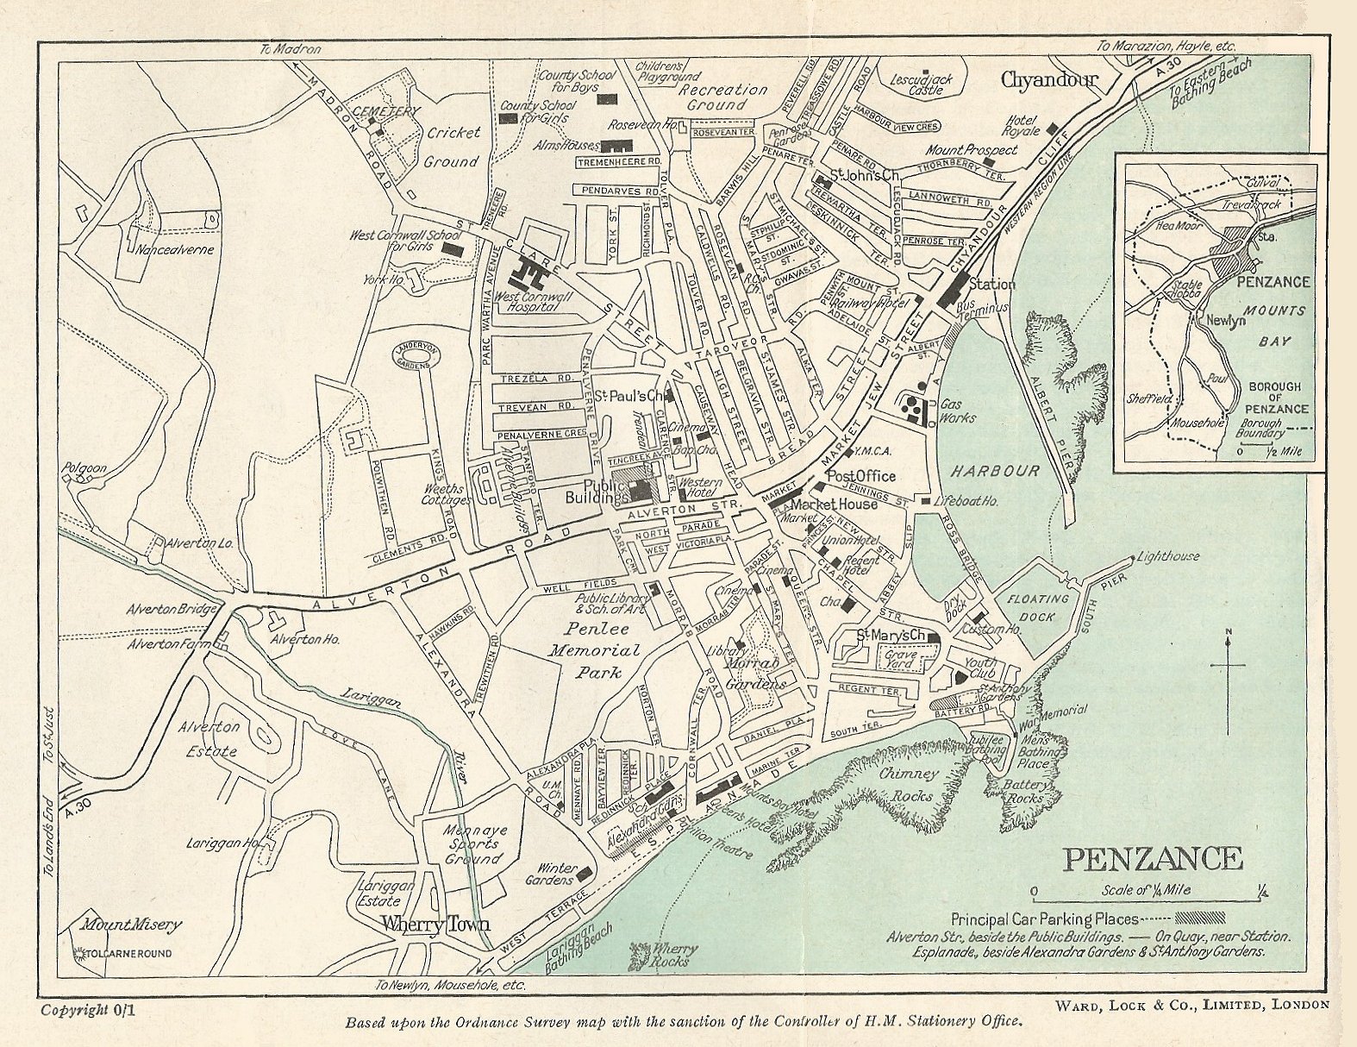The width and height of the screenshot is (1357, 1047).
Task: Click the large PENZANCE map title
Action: click(1152, 859)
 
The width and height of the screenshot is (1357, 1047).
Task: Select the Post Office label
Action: click(860, 476)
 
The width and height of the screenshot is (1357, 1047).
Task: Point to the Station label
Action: click(992, 284)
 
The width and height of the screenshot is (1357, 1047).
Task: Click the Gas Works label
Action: click(957, 411)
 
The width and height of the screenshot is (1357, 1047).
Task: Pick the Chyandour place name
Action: click(1048, 80)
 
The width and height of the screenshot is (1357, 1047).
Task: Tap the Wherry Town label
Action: click(436, 925)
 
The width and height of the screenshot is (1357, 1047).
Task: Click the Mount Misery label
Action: click(132, 925)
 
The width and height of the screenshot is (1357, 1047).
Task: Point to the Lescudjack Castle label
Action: click(922, 84)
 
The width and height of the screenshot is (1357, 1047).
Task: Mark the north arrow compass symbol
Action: click(1229, 666)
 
